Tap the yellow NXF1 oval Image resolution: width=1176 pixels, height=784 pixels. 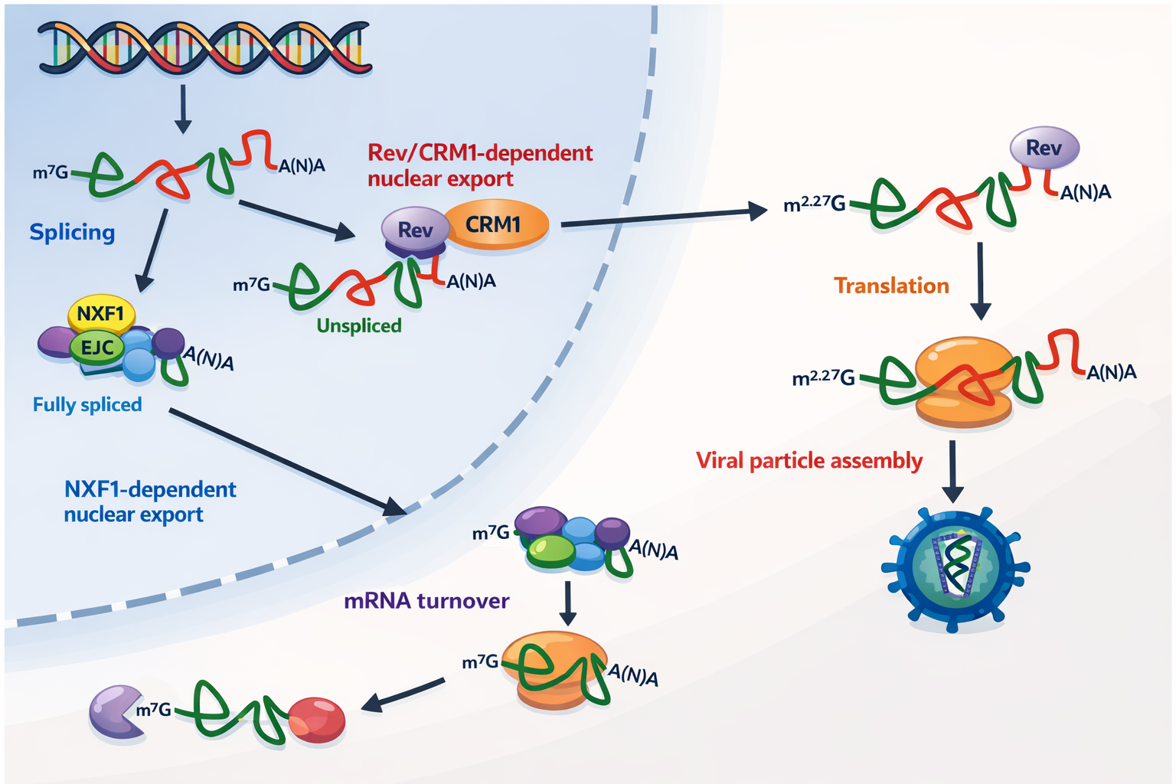[x=101, y=314]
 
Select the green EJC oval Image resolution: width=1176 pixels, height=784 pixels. [x=97, y=348]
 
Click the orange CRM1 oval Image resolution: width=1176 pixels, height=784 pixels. [x=495, y=224]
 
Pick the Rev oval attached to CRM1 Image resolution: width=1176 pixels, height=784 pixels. [x=415, y=230]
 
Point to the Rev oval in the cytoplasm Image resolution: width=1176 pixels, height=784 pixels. [x=1044, y=148]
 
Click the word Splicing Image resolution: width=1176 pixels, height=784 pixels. [x=72, y=232]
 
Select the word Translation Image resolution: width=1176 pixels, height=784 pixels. [x=891, y=286]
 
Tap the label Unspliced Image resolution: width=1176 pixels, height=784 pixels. [x=359, y=326]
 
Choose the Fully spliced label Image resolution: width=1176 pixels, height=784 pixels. [x=87, y=404]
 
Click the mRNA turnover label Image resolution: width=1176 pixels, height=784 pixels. [x=426, y=601]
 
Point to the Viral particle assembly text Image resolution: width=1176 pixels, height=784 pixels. [x=809, y=461]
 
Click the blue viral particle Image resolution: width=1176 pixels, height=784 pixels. [x=954, y=567]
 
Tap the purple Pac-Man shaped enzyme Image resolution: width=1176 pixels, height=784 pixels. [x=116, y=712]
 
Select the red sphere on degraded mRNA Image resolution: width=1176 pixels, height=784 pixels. [x=317, y=720]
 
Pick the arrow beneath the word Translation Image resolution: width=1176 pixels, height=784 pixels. [x=980, y=280]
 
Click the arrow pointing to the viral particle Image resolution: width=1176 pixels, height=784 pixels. [x=952, y=471]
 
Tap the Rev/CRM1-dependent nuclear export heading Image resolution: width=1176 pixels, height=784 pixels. [x=480, y=165]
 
